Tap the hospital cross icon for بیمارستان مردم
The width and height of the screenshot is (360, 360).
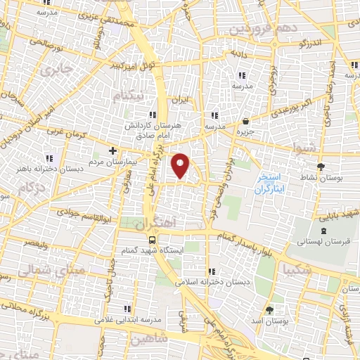pos(112,150)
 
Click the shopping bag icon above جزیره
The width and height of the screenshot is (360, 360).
pos(244,120)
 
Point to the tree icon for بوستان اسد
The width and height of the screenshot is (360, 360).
pos(269,310)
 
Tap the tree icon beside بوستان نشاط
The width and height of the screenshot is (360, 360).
pos(321,167)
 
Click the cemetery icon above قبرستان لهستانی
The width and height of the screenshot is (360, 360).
pos(323,231)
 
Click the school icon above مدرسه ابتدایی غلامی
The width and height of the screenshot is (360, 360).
pos(127,308)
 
